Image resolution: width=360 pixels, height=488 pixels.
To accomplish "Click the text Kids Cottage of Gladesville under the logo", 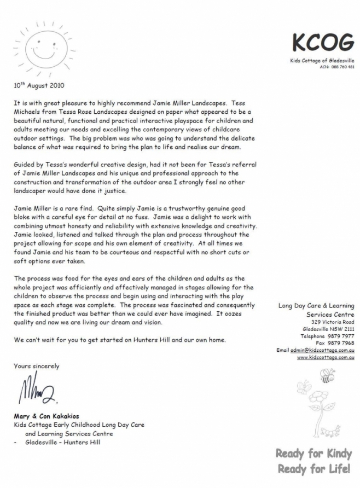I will pos(322,61).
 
